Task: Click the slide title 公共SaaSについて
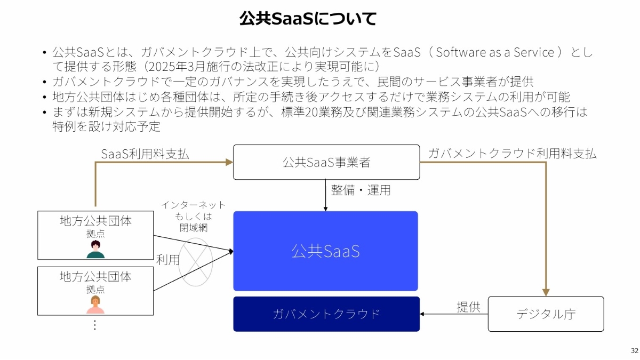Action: click(308, 19)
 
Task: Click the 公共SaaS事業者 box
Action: click(326, 162)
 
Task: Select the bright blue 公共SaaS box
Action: click(325, 251)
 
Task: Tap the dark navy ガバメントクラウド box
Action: click(326, 314)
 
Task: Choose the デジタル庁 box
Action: click(546, 314)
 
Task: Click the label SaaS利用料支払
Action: click(145, 154)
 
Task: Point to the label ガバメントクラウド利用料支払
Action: click(513, 154)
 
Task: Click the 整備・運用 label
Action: click(361, 190)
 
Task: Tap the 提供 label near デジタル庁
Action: click(468, 307)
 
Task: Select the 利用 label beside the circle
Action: click(167, 260)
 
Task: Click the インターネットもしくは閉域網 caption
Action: click(193, 216)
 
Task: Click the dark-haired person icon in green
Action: click(95, 250)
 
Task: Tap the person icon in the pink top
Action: click(95, 305)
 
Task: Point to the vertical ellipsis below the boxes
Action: click(95, 324)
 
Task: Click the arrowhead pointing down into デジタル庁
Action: click(546, 292)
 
